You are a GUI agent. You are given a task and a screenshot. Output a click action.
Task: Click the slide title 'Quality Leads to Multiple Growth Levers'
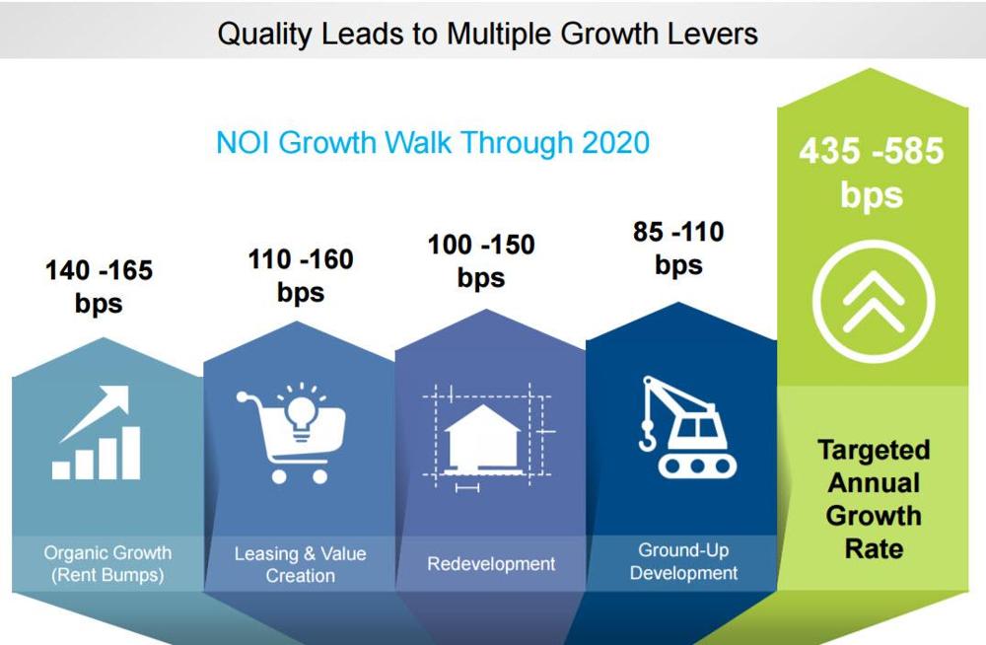487,34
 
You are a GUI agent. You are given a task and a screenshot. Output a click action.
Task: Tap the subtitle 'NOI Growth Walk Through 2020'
433,142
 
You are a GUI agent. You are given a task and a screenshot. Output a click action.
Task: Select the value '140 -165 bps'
99,286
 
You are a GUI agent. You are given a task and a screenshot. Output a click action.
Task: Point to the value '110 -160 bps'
301,275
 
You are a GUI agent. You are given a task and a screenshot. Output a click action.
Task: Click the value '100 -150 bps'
481,260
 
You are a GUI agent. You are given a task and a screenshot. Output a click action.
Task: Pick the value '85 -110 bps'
678,248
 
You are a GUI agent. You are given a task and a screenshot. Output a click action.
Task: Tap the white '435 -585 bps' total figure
872,172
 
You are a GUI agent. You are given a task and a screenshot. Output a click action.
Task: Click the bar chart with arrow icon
97,433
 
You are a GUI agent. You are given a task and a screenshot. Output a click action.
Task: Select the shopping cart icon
291,433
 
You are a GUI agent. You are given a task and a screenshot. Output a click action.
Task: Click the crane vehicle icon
688,427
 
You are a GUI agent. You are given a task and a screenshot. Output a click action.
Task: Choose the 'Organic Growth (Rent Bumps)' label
107,564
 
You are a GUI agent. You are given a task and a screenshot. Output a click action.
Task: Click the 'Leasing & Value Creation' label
300,564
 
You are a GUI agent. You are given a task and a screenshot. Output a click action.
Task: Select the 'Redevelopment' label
491,564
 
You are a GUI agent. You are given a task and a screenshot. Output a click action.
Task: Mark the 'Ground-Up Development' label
683,561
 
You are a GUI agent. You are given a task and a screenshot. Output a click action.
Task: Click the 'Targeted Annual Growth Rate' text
874,499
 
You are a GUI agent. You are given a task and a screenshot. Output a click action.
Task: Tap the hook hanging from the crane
647,438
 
